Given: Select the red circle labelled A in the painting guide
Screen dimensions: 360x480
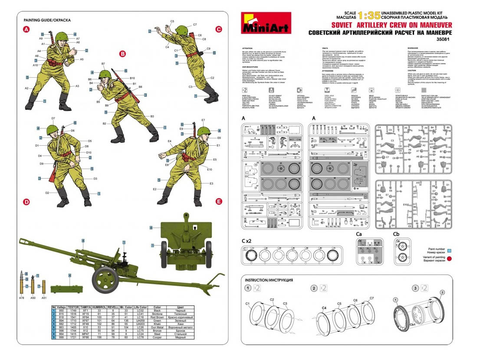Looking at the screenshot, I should (x=26, y=29).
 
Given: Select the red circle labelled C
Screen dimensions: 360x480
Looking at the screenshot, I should (x=219, y=29).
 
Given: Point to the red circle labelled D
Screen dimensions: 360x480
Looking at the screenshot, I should (x=26, y=202).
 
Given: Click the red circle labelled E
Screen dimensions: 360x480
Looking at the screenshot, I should (x=219, y=202).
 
